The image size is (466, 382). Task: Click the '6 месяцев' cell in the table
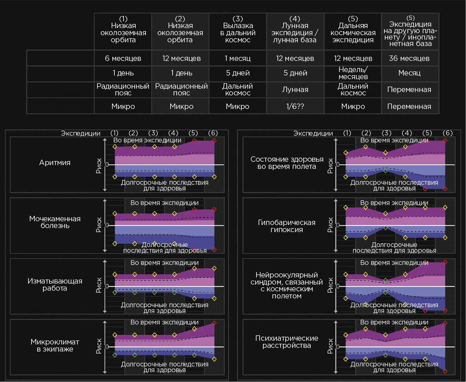(x=123, y=58)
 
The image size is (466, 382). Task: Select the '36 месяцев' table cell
(x=409, y=58)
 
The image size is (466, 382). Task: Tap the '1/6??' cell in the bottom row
(x=295, y=106)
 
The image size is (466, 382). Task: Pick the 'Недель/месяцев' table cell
(x=353, y=73)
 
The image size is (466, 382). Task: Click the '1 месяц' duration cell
(x=238, y=58)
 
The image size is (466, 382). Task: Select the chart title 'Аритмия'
(x=55, y=162)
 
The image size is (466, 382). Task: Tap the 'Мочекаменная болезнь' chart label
(x=55, y=222)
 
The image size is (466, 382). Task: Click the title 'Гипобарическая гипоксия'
(x=287, y=226)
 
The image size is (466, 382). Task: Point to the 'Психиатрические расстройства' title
(x=287, y=342)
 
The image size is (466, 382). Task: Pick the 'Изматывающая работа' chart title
(x=55, y=285)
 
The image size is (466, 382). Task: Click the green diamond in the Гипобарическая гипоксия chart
(x=385, y=228)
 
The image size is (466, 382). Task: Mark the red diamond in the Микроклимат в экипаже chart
(x=214, y=323)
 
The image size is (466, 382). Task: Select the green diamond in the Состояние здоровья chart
(x=385, y=171)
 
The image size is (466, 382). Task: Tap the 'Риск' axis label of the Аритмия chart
(x=99, y=166)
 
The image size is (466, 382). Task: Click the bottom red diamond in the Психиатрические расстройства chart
(x=445, y=371)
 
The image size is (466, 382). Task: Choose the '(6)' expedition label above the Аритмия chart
(x=213, y=133)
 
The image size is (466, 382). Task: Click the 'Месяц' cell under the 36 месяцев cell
(x=409, y=73)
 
